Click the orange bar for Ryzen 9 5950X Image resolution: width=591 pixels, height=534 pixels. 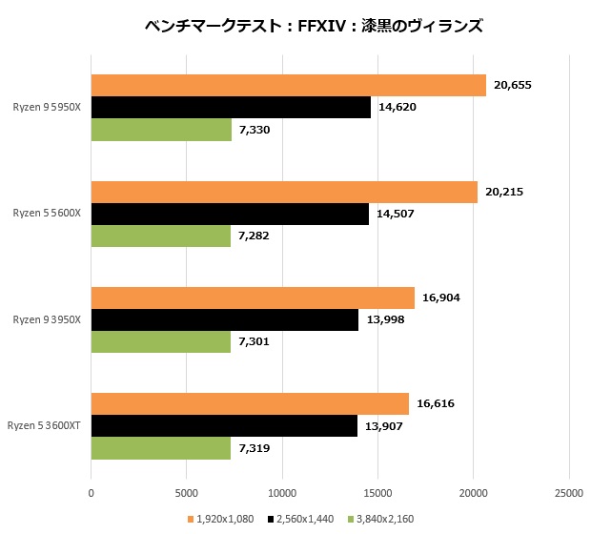coord(288,86)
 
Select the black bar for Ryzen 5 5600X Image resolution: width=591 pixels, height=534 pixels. coord(230,214)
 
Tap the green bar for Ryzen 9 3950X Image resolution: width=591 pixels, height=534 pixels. coord(160,341)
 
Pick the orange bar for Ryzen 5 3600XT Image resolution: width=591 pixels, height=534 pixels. coord(250,403)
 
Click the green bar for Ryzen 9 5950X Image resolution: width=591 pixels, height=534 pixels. coord(161,130)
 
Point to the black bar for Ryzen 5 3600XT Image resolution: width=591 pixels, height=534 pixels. coord(224,425)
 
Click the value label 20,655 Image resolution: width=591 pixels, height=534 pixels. coord(513,86)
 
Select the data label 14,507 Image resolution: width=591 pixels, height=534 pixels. coord(396,214)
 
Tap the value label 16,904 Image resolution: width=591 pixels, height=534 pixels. coord(441,298)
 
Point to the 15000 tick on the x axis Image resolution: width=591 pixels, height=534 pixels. coord(377,493)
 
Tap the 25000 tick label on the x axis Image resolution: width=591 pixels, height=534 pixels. coord(569,493)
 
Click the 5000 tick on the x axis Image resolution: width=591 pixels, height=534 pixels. coord(186,493)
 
